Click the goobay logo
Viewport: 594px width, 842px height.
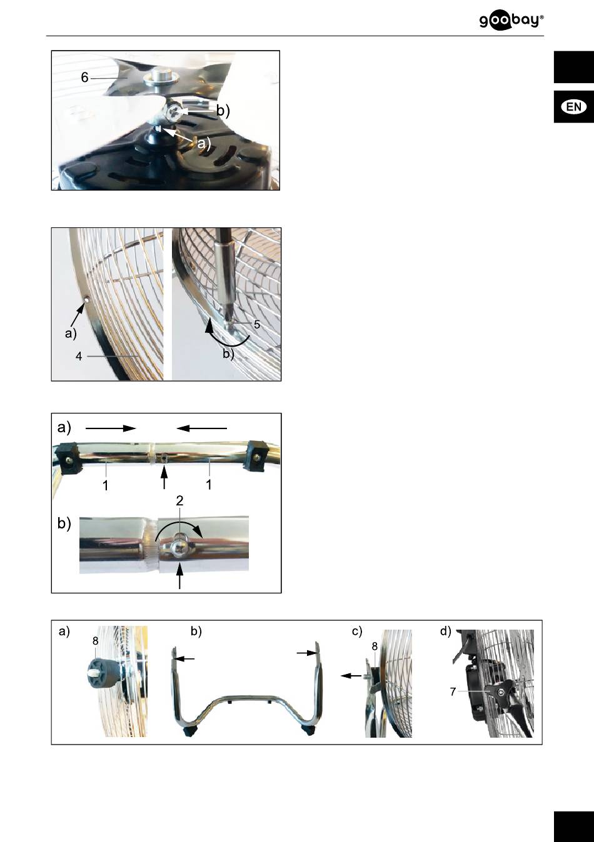[x=511, y=21]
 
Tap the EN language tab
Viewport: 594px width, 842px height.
[x=574, y=107]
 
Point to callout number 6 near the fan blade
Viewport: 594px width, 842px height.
[x=84, y=77]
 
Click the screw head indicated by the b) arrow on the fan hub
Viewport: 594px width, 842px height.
[x=175, y=112]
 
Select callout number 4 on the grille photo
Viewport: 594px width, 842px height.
[x=79, y=356]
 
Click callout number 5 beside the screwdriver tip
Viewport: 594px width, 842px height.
[x=257, y=324]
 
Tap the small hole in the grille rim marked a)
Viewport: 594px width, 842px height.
[x=88, y=300]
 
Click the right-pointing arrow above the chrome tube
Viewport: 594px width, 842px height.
[x=111, y=428]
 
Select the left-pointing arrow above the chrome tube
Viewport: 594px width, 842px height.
[x=202, y=428]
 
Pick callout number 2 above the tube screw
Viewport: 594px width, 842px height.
[x=179, y=501]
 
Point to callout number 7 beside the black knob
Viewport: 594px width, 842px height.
[x=453, y=691]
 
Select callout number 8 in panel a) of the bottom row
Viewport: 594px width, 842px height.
[x=96, y=641]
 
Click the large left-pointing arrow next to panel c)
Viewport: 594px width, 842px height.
[x=351, y=676]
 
